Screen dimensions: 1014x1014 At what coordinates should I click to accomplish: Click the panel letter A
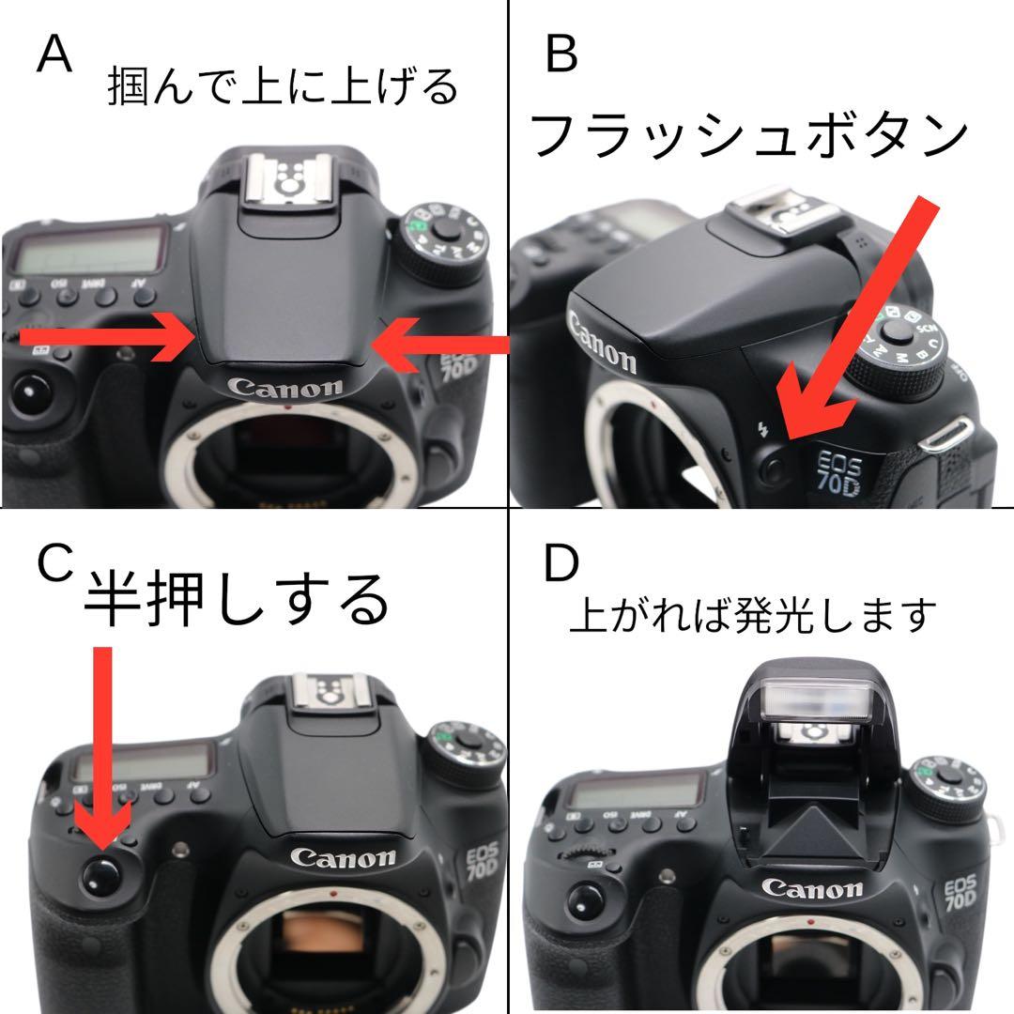coord(54,56)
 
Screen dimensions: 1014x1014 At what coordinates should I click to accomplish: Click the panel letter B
coord(561,56)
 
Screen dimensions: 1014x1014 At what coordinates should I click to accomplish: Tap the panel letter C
coord(54,562)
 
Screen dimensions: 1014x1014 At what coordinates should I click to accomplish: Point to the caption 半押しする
coord(236,601)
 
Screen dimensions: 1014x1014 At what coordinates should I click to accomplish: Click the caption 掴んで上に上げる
coord(283,87)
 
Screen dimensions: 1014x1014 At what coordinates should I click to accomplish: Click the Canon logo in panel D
coord(811,888)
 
